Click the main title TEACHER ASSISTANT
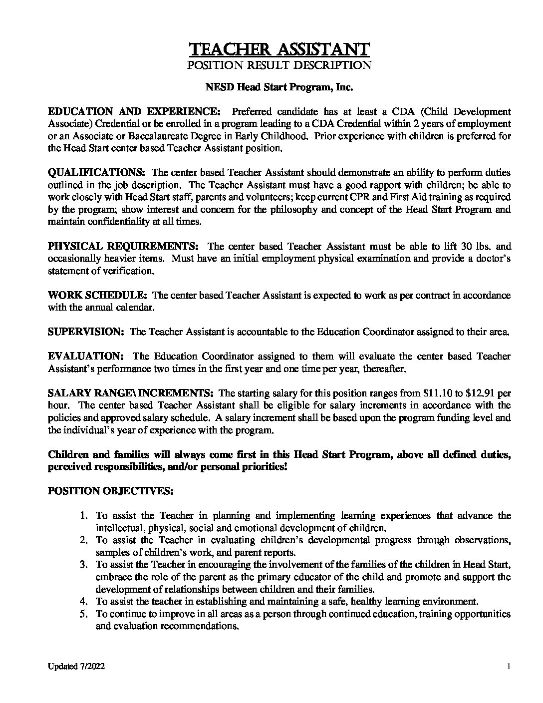279,49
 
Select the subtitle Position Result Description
279,65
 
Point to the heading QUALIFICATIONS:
96,172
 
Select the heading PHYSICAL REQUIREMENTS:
123,246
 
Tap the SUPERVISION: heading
86,332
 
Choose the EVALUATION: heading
85,356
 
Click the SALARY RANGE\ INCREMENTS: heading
131,393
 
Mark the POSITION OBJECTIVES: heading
111,491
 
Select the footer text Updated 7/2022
76,667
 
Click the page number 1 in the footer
508,667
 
